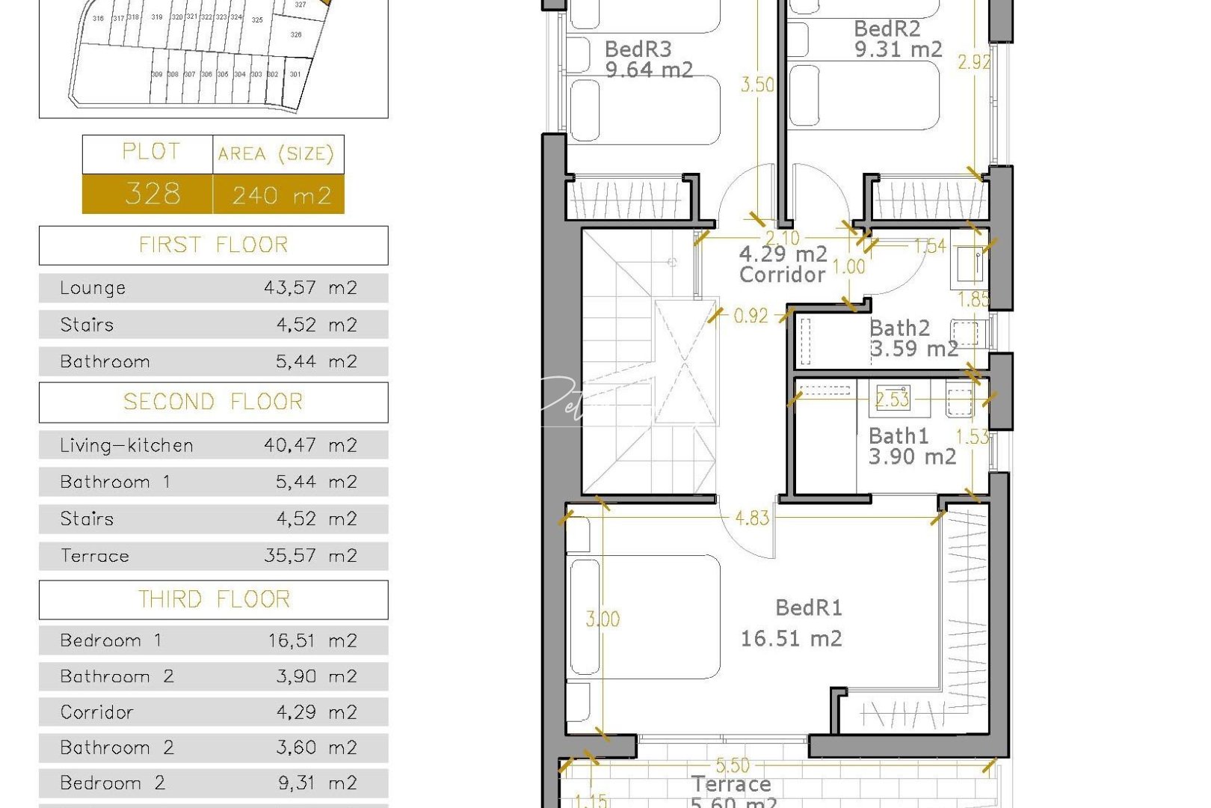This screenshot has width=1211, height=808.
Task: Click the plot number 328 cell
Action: [152, 195]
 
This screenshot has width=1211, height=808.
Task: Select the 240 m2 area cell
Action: [280, 195]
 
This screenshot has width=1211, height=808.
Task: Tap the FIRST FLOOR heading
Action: [213, 245]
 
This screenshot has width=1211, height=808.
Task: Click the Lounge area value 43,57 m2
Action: [310, 288]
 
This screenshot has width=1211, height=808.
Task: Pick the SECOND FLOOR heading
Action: [213, 403]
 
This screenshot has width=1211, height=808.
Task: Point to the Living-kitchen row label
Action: [126, 446]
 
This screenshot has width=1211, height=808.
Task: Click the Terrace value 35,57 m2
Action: [310, 556]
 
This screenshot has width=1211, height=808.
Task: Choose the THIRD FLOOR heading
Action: [213, 600]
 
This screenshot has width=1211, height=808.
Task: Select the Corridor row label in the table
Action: [96, 712]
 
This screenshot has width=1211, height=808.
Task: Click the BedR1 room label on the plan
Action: [808, 607]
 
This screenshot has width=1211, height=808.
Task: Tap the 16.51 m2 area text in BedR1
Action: [791, 639]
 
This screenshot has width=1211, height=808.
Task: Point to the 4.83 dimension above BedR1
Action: [751, 518]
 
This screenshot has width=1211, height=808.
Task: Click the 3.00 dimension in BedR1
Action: [603, 619]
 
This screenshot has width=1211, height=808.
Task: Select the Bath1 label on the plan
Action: [898, 436]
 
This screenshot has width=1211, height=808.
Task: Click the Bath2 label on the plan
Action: [899, 328]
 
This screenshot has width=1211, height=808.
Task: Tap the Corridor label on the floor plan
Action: [782, 275]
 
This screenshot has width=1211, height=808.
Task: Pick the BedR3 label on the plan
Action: [638, 49]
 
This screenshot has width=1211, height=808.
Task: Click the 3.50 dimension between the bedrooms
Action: [757, 85]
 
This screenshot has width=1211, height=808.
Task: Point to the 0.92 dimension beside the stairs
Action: [751, 316]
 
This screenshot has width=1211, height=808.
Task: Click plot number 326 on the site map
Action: [296, 34]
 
